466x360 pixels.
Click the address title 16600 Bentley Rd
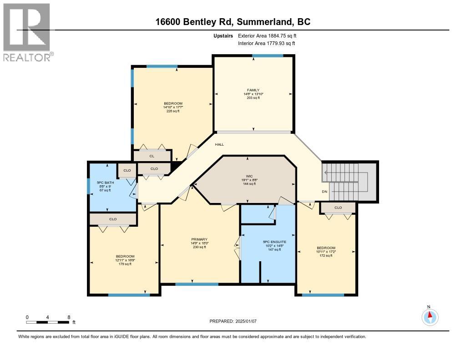(x=233, y=21)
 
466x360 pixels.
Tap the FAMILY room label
(x=253, y=90)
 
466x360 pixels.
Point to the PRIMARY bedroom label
(x=199, y=239)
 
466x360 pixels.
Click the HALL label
(x=219, y=144)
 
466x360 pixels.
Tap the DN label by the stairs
(x=324, y=192)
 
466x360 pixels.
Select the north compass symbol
(x=429, y=316)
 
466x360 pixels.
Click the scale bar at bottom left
(x=48, y=322)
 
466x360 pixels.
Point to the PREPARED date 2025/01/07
(x=233, y=321)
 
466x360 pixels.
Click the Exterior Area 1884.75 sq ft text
(x=267, y=35)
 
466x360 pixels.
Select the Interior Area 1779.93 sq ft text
(x=266, y=43)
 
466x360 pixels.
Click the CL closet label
(x=152, y=156)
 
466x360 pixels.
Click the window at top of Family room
(x=268, y=56)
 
